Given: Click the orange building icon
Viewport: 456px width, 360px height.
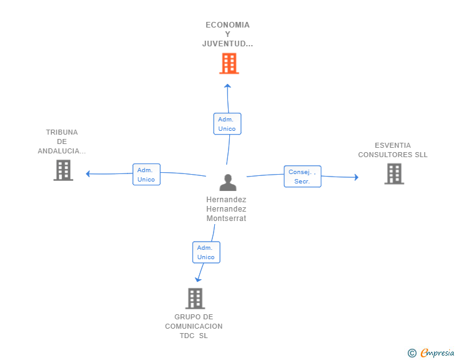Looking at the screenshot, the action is point(229,63).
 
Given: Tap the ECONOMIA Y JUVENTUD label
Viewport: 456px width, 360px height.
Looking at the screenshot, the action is point(227,34).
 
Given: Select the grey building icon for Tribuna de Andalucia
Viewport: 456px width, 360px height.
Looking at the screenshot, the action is point(63,170).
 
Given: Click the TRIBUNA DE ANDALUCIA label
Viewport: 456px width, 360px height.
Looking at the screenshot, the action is point(61,141).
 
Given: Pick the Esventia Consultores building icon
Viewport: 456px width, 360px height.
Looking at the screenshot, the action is point(394,174).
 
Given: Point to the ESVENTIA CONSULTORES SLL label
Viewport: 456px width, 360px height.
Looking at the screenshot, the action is point(393,150).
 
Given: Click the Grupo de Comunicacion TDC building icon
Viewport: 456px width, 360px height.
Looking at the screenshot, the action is point(195,299).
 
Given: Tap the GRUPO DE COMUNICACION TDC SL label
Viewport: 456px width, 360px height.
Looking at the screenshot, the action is point(194,326).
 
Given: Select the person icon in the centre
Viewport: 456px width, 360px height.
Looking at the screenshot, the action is point(228,182).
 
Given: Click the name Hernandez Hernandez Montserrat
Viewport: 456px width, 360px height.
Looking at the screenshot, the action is point(226,208).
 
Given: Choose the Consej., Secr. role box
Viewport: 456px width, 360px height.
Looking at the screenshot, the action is point(303,177).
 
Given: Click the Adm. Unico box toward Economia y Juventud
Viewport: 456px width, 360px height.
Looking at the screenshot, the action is point(227,124).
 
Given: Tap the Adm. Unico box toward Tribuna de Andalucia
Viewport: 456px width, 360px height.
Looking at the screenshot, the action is point(147,175).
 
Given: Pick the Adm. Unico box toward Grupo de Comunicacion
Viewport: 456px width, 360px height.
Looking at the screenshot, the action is point(206,252).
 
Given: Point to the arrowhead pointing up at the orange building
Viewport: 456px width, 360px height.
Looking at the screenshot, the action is point(227,86).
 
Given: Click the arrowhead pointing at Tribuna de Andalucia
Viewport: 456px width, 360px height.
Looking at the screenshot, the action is point(88,173).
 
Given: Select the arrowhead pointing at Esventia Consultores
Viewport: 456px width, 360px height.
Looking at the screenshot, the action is point(356,177).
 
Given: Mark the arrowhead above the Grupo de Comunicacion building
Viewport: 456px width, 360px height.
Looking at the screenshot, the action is point(198,280).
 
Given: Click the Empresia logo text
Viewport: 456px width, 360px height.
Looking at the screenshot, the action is point(437,352).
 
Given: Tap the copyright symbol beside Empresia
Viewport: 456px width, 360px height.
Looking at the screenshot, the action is point(412,353).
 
